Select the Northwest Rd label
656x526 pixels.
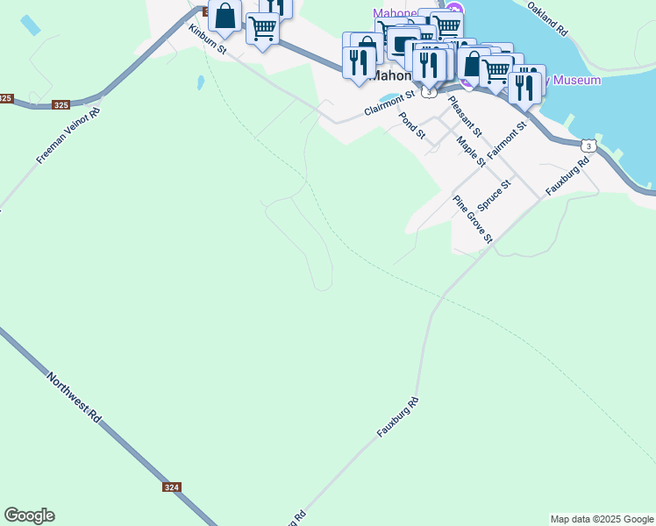(x=75, y=395)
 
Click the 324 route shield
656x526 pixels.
(x=172, y=487)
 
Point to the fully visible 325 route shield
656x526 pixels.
(x=61, y=105)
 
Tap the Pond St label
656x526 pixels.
(x=411, y=126)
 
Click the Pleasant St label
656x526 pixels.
(x=465, y=113)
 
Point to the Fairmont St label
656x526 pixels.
(x=507, y=139)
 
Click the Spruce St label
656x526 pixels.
(x=500, y=201)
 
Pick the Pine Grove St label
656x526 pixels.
(x=473, y=218)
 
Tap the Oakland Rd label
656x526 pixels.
(x=549, y=18)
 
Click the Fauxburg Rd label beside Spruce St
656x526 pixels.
(x=568, y=175)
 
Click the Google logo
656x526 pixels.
(x=29, y=515)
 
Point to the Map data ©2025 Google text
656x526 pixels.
(x=602, y=519)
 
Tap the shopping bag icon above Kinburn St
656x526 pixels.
(x=225, y=16)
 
